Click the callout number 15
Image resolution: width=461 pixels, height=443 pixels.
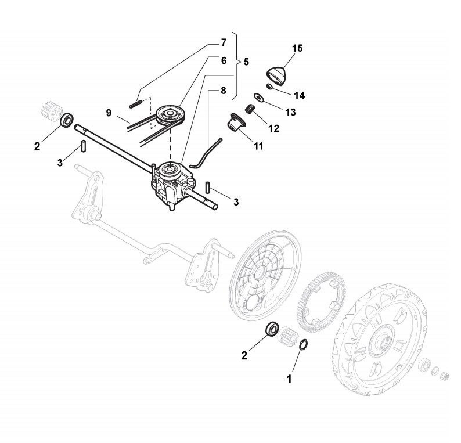(297, 48)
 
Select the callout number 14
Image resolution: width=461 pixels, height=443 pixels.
(300, 95)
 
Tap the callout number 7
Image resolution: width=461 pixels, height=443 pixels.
(223, 43)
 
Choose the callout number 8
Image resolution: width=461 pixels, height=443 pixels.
(223, 91)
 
